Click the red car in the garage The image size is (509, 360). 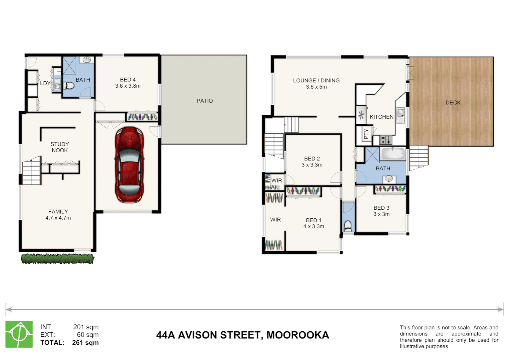129,165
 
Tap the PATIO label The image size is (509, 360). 205,101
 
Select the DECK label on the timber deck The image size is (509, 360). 453,102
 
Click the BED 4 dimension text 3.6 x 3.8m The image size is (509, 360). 128,86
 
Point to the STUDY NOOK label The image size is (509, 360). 60,147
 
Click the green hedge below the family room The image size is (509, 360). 57,259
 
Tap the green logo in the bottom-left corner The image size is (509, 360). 19,334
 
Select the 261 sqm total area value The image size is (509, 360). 85,343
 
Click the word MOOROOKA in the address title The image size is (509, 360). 297,335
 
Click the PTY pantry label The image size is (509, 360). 366,134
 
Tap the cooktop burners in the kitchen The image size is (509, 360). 386,139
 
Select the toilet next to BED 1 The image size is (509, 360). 347,226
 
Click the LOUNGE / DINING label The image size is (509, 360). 316,81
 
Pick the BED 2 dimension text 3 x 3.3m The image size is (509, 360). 312,165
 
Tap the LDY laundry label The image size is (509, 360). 45,83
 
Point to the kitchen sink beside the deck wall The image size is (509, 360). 400,113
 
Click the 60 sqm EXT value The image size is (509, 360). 88,335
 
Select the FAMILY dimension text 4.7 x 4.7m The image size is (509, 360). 58,218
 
